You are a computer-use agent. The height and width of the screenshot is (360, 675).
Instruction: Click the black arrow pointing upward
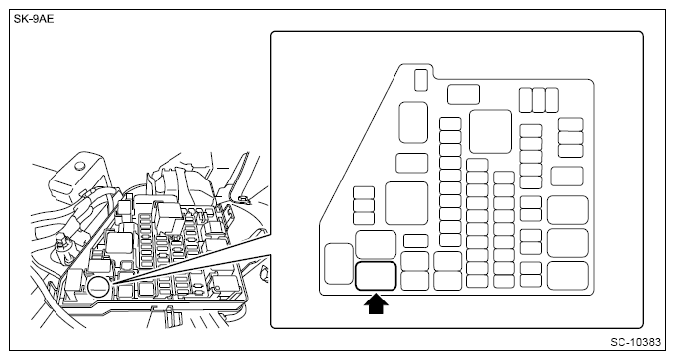tap(376, 304)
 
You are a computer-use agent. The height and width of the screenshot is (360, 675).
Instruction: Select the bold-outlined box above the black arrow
tap(376, 276)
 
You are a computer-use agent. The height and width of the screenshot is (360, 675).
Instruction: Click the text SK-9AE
tap(34, 19)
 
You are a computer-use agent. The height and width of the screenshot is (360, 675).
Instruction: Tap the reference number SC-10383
tap(635, 342)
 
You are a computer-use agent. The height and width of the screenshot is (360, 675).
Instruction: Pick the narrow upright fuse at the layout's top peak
tap(421, 80)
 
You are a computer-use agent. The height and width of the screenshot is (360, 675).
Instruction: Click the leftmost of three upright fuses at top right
tap(526, 100)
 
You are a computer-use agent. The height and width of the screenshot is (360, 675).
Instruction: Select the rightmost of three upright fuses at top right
tap(552, 100)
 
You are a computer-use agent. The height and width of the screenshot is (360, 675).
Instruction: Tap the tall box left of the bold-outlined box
tap(339, 264)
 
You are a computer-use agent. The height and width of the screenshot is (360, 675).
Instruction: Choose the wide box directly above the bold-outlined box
tap(376, 245)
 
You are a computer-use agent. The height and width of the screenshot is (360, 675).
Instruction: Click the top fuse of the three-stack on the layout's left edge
tap(364, 193)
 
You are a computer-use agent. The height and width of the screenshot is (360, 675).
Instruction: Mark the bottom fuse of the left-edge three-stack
tap(364, 218)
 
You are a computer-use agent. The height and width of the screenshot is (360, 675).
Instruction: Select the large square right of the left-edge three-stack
tap(406, 203)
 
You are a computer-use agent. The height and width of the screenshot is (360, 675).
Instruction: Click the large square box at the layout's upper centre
tap(491, 131)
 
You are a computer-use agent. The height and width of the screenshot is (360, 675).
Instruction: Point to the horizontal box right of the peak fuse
tap(463, 95)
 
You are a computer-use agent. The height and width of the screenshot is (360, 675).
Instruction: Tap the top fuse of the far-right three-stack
tap(571, 124)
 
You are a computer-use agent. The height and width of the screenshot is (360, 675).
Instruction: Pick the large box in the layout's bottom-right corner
tap(568, 276)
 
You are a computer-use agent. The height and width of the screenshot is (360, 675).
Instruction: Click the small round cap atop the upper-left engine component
tap(78, 165)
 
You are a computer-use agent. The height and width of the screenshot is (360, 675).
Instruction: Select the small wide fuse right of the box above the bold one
tap(416, 241)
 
